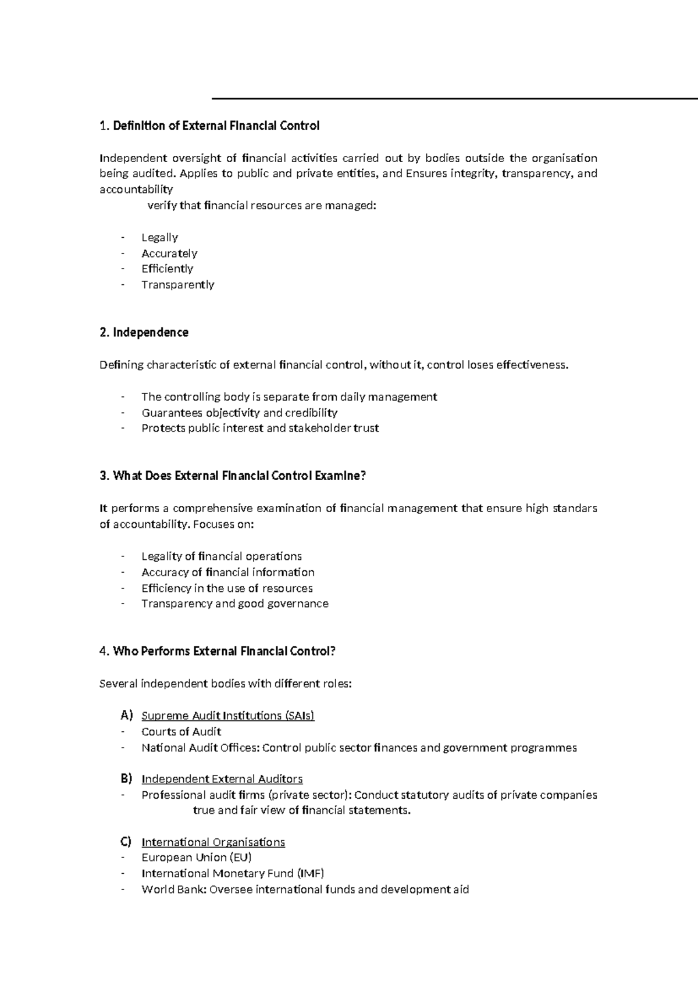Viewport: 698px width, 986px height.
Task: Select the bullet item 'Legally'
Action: coord(159,237)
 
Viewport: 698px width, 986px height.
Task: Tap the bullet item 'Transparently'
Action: coord(177,285)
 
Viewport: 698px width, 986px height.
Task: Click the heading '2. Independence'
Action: coord(144,333)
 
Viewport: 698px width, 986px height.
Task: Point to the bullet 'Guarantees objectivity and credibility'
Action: coord(239,413)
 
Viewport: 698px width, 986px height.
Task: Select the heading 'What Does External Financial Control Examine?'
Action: coord(239,476)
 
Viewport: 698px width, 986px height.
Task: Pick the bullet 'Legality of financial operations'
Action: coord(221,556)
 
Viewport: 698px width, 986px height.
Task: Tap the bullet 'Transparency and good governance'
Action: coord(234,604)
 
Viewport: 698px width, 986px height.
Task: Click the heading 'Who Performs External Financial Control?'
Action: coord(224,652)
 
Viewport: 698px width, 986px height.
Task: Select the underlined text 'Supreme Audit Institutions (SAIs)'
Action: coord(227,716)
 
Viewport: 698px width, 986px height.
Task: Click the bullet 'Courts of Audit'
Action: coord(181,732)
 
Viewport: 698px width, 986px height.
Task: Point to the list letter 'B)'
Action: coord(126,778)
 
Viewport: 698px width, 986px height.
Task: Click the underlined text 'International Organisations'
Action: coord(213,842)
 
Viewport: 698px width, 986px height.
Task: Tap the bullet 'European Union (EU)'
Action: coord(196,858)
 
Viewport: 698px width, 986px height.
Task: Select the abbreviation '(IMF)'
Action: coord(310,873)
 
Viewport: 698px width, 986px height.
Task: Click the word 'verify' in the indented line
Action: coord(162,205)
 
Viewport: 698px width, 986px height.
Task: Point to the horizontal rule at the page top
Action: coord(454,99)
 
